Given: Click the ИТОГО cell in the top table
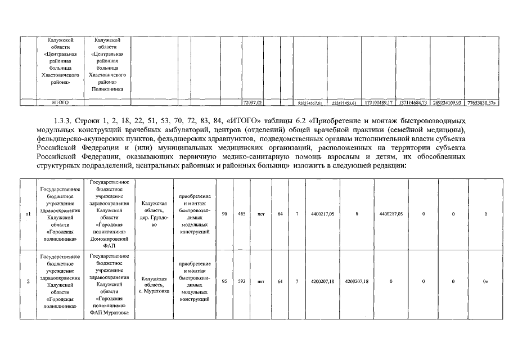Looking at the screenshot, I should (x=60, y=102).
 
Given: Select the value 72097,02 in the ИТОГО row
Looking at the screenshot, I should (x=252, y=102).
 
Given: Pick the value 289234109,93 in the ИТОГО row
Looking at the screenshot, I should (x=445, y=102).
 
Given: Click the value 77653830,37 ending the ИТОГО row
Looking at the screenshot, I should (x=483, y=102).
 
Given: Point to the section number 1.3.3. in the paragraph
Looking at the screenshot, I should (x=61, y=120).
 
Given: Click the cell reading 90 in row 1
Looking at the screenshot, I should (x=224, y=214).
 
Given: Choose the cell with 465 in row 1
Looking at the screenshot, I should (x=241, y=214).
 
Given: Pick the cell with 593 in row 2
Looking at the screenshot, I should (x=241, y=281).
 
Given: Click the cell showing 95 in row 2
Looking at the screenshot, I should (x=224, y=281).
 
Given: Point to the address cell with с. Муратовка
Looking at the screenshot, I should (x=154, y=285).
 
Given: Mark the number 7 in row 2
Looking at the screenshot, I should (x=298, y=281).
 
